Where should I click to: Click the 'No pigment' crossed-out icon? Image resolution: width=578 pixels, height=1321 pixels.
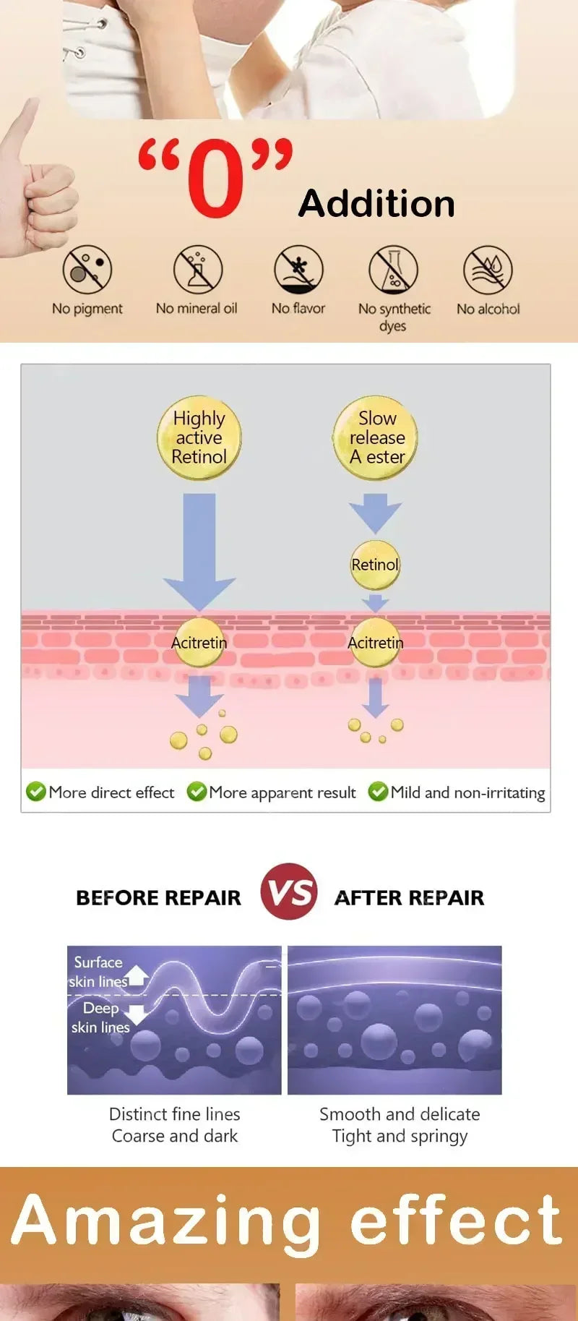[87, 270]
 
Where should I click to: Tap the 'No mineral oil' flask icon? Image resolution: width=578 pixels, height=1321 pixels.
[197, 270]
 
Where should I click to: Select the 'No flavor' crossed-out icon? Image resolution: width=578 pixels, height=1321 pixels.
[298, 270]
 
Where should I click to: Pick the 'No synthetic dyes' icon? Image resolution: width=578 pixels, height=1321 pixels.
[394, 270]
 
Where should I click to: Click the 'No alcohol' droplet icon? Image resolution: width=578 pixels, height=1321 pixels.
[488, 270]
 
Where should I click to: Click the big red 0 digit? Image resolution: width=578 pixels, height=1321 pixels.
[216, 179]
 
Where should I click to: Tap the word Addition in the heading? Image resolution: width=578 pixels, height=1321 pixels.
[377, 203]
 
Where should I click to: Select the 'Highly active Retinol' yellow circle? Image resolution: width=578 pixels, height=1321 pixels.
[199, 437]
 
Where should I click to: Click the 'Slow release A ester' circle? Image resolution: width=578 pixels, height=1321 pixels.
[376, 437]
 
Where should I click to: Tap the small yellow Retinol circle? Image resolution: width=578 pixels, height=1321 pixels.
[375, 565]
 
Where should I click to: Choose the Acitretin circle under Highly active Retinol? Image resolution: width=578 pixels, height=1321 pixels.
[199, 643]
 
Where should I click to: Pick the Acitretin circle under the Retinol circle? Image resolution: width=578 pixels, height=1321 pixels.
[375, 643]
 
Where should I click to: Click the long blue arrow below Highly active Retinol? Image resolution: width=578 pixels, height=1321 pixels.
[199, 552]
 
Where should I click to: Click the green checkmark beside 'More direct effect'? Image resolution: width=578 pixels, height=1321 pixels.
[36, 792]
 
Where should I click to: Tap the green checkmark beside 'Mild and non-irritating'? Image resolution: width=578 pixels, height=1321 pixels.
[378, 792]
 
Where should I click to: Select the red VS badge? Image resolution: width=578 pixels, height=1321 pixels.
[289, 892]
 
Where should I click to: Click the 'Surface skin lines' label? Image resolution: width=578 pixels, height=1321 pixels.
[98, 972]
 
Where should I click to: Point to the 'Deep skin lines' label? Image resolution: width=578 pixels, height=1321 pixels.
[100, 1017]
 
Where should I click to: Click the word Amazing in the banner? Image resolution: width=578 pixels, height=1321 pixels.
[165, 1223]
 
